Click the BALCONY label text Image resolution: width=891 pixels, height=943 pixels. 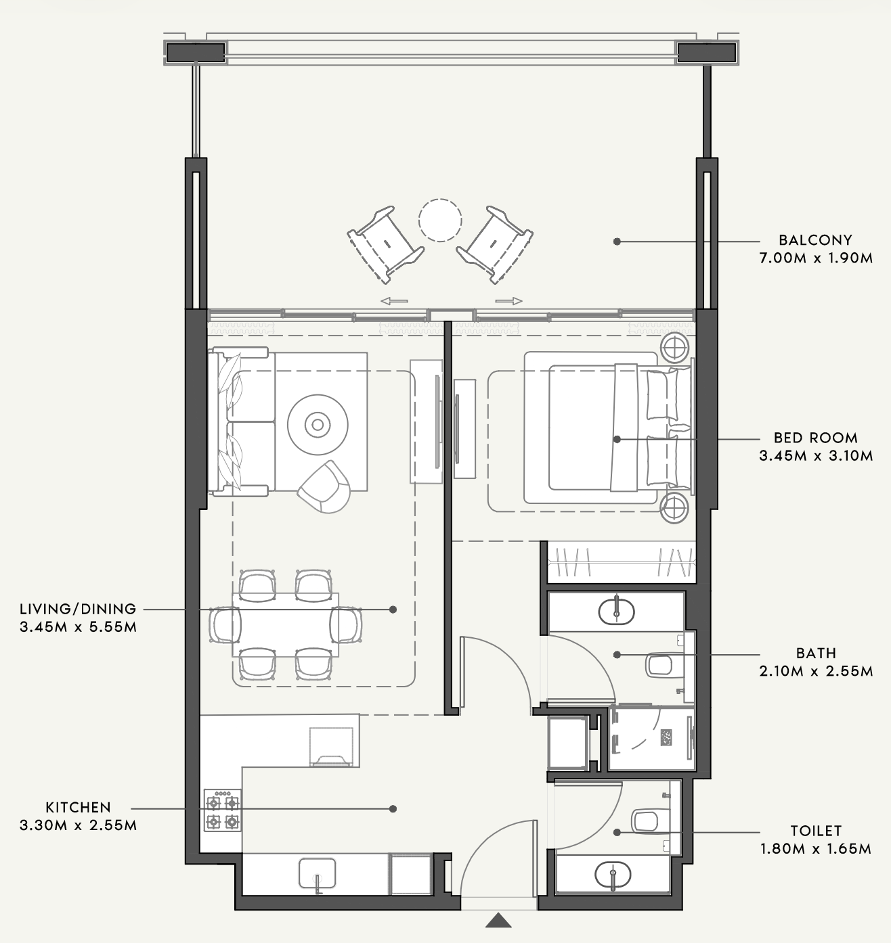(x=815, y=239)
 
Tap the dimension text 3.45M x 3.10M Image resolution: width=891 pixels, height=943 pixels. (x=816, y=456)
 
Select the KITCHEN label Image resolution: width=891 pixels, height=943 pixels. (x=78, y=807)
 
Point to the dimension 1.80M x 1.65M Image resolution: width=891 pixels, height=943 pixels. (x=816, y=848)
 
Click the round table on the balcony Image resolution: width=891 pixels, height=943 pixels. (x=440, y=221)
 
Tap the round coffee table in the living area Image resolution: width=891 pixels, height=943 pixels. (x=318, y=425)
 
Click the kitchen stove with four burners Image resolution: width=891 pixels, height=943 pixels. (x=223, y=810)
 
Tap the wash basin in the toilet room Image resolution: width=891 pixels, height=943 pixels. (x=613, y=874)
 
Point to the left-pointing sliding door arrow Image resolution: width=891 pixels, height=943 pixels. (x=394, y=300)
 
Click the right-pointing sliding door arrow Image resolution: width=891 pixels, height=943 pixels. (x=508, y=300)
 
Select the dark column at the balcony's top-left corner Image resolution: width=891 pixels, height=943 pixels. (x=196, y=52)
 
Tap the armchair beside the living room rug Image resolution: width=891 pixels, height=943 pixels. (x=325, y=487)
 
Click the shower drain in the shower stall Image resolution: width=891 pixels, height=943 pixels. (x=666, y=737)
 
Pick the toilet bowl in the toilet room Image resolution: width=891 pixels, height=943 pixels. (x=645, y=821)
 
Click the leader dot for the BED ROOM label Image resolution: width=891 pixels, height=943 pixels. (x=617, y=439)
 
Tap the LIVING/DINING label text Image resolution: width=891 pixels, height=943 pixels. (x=78, y=609)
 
